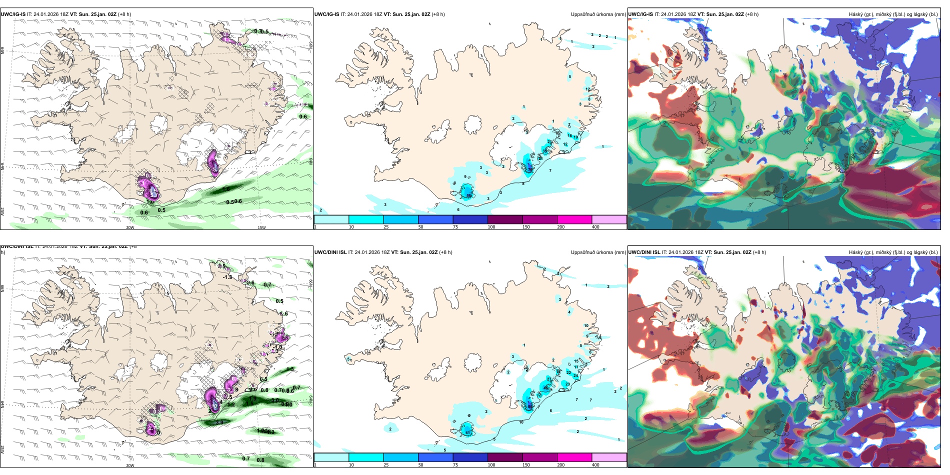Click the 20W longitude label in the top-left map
[130, 227]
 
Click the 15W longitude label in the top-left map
[261, 227]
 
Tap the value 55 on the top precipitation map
[469, 195]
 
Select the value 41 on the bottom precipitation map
[468, 432]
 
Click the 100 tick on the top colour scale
[491, 227]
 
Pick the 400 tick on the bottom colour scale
[595, 465]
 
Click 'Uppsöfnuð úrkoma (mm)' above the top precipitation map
[598, 14]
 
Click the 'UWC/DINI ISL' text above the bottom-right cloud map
[644, 252]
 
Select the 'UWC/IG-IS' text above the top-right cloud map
[640, 14]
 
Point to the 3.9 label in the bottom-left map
[219, 422]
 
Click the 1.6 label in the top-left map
[226, 189]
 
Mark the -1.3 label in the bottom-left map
[227, 277]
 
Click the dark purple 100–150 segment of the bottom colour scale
[505, 457]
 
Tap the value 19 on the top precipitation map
[576, 137]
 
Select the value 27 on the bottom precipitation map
[549, 379]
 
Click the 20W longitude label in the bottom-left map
[130, 465]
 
